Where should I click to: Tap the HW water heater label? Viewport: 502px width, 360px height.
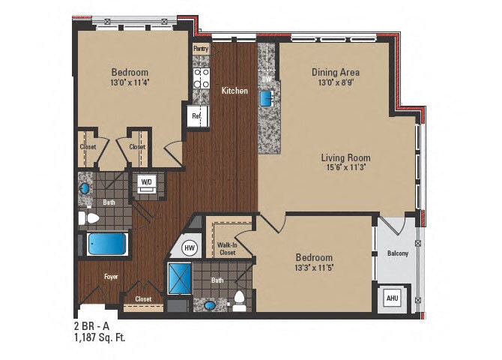pyautogui.click(x=190, y=248)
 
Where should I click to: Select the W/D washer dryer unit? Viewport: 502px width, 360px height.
pyautogui.click(x=147, y=182)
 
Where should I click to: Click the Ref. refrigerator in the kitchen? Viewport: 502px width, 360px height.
pyautogui.click(x=196, y=116)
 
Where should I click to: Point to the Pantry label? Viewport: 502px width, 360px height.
pyautogui.click(x=201, y=49)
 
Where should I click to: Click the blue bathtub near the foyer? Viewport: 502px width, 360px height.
pyautogui.click(x=106, y=244)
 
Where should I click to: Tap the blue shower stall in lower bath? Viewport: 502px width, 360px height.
pyautogui.click(x=179, y=278)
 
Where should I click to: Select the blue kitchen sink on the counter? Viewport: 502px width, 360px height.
pyautogui.click(x=266, y=98)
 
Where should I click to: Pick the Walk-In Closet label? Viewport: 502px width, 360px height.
pyautogui.click(x=227, y=248)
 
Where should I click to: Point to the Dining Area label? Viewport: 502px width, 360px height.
pyautogui.click(x=335, y=73)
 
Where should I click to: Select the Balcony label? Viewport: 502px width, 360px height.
pyautogui.click(x=397, y=253)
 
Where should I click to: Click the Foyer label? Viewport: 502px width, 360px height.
pyautogui.click(x=110, y=277)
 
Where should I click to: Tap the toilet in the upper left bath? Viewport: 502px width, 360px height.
pyautogui.click(x=90, y=218)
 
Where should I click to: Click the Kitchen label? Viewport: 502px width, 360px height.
pyautogui.click(x=235, y=91)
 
